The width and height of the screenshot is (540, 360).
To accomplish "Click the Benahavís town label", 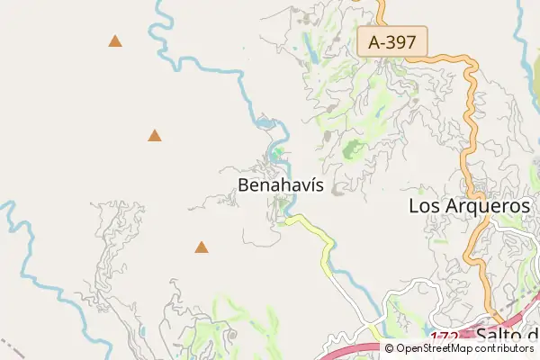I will (281, 185).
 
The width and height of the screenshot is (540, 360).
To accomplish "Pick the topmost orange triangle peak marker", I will (115, 41).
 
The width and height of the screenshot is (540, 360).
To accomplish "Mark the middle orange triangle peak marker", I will (155, 137).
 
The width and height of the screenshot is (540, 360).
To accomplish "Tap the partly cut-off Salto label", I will (506, 336).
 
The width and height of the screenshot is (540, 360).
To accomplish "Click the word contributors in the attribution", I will (503, 348).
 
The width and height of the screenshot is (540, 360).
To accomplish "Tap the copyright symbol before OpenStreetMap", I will (389, 348).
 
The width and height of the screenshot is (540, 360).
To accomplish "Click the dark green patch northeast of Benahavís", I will (354, 149).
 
